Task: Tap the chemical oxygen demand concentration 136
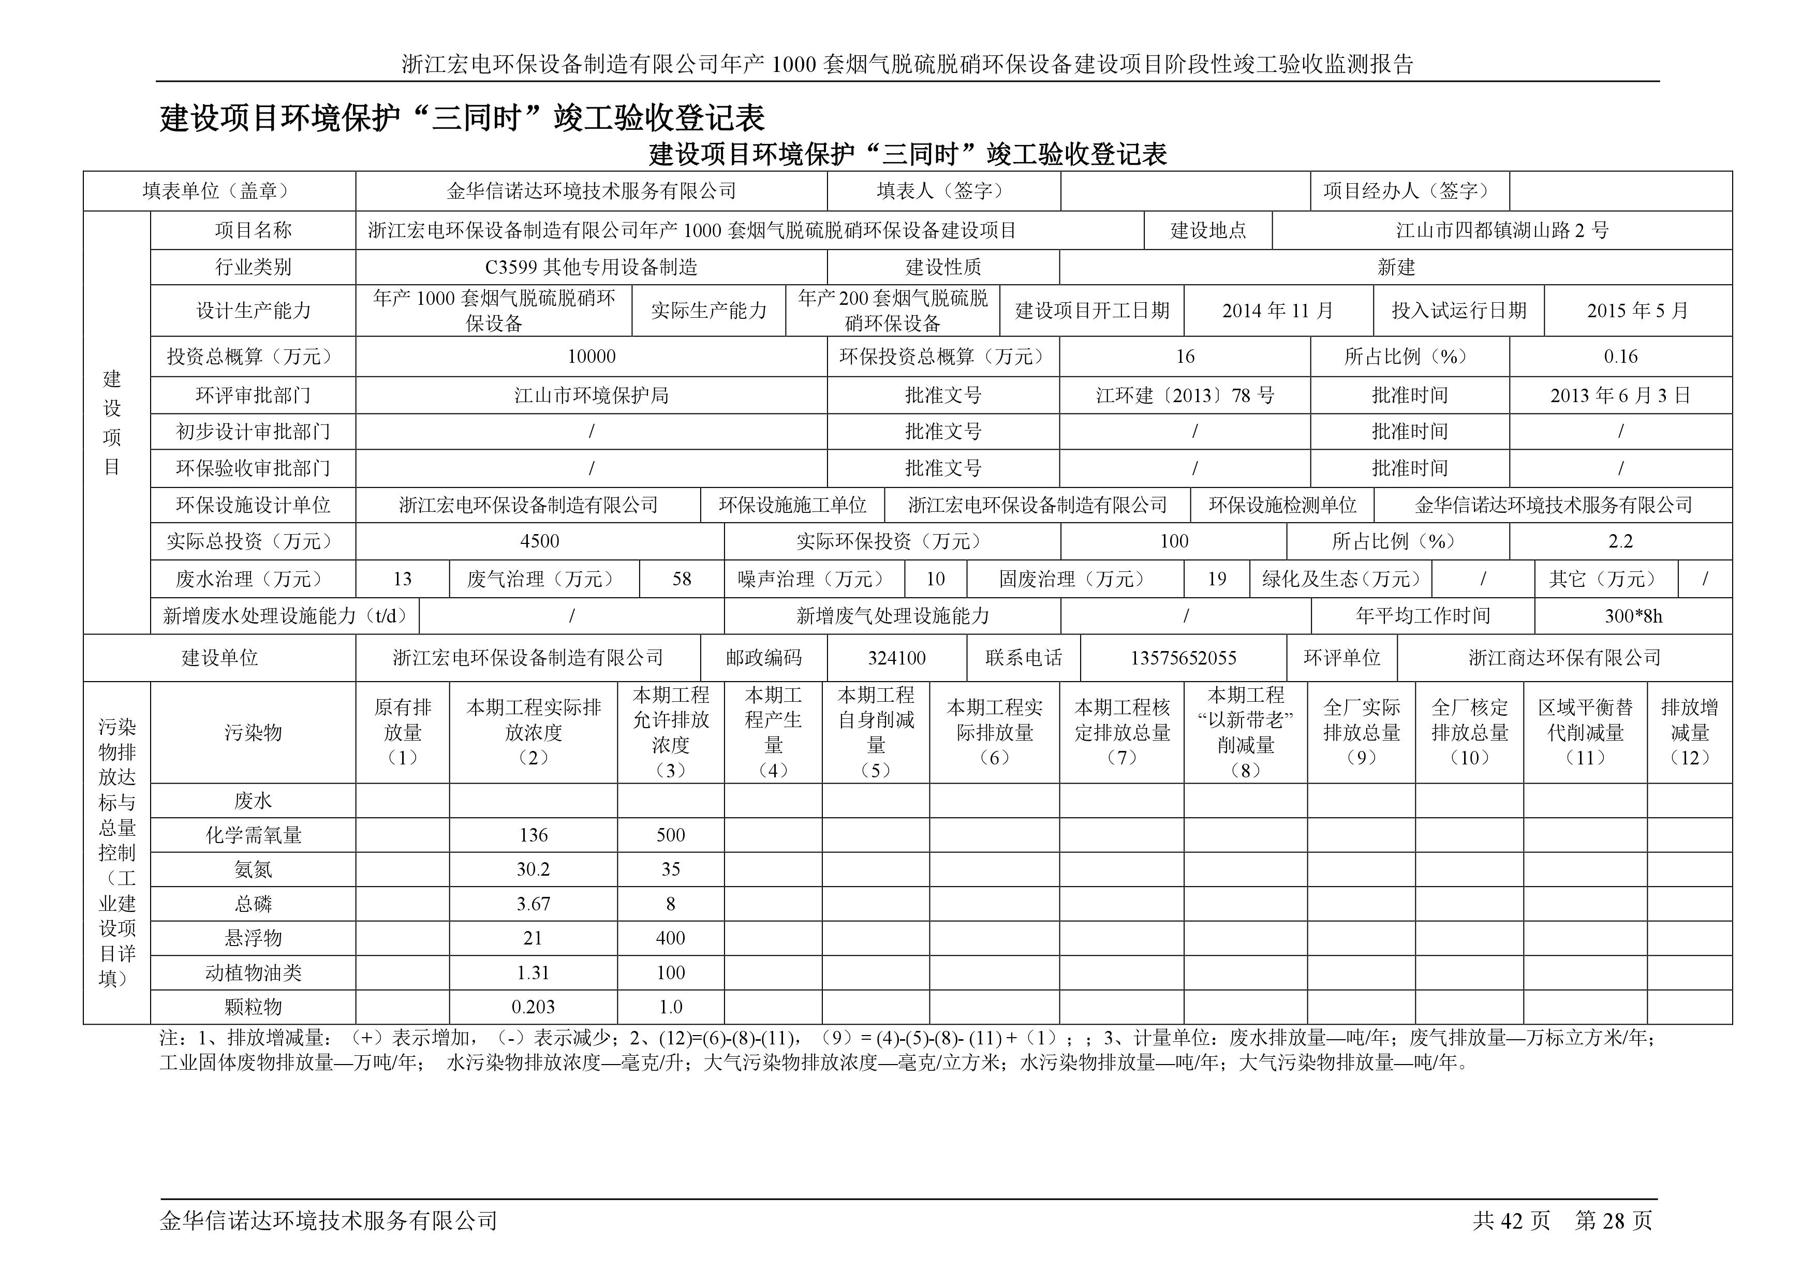[x=533, y=835]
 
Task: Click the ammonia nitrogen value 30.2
[x=533, y=869]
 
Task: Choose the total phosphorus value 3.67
[x=533, y=904]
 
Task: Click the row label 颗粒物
[x=253, y=1007]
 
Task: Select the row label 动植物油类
[x=253, y=973]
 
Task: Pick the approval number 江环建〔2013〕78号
[x=1185, y=395]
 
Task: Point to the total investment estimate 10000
[x=591, y=357]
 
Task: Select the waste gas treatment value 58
[x=681, y=579]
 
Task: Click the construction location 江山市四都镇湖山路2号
[x=1502, y=231]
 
